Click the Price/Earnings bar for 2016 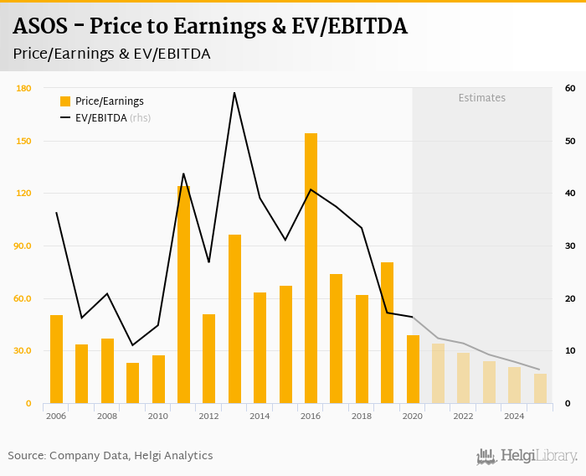pyautogui.click(x=311, y=268)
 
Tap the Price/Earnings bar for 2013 pyautogui.click(x=234, y=318)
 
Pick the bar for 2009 pyautogui.click(x=132, y=383)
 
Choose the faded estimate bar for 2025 pyautogui.click(x=540, y=388)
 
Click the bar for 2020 pyautogui.click(x=413, y=369)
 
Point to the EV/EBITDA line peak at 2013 pyautogui.click(x=234, y=93)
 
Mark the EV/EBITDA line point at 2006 pyautogui.click(x=56, y=213)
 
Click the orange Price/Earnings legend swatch pyautogui.click(x=65, y=101)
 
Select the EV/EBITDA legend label pyautogui.click(x=100, y=118)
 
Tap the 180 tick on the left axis pyautogui.click(x=23, y=88)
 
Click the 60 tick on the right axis pyautogui.click(x=569, y=88)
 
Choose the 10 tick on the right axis pyautogui.click(x=569, y=351)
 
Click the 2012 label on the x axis pyautogui.click(x=208, y=416)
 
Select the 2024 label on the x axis pyautogui.click(x=514, y=416)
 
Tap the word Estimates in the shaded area pyautogui.click(x=481, y=98)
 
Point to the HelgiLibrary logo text pyautogui.click(x=538, y=456)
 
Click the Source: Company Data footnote pyautogui.click(x=111, y=456)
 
